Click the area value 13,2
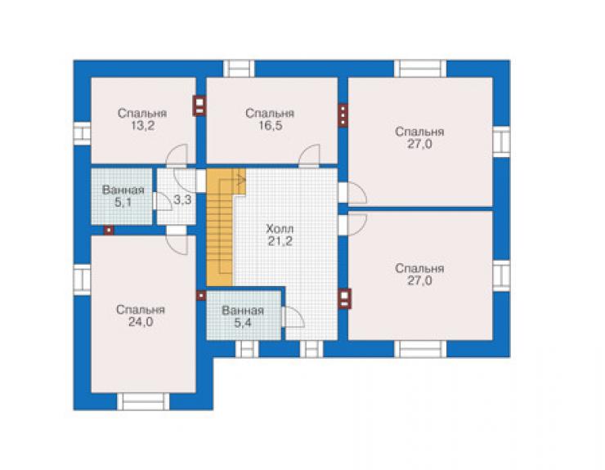click(143, 126)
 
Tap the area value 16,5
click(270, 126)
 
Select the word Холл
click(280, 229)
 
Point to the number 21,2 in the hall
click(280, 242)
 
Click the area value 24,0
click(141, 322)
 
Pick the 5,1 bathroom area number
click(123, 202)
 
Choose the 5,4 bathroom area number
click(243, 323)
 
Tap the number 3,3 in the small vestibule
click(182, 200)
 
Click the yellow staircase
click(221, 227)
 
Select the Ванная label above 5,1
click(123, 190)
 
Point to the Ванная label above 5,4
click(243, 311)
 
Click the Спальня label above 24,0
click(141, 310)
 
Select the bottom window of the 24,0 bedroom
click(143, 401)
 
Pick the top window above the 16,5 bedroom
click(239, 69)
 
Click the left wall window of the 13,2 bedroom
click(82, 133)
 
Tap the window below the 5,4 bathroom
click(247, 349)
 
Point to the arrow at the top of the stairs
click(240, 180)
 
